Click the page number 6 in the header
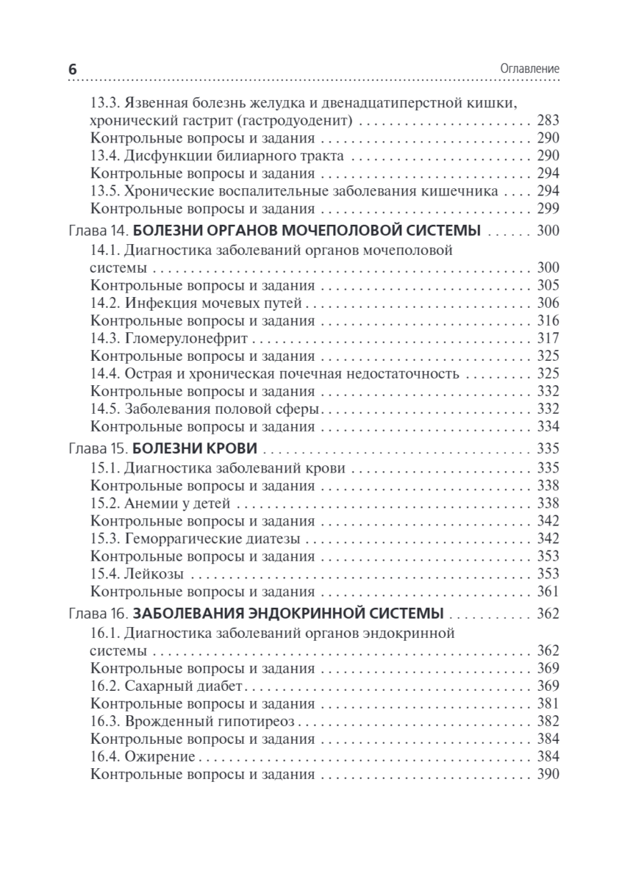(x=73, y=68)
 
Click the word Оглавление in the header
(x=530, y=68)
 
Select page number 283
(x=548, y=120)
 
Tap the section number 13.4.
(x=104, y=156)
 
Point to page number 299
(x=548, y=209)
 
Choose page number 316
(x=548, y=320)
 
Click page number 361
(x=548, y=592)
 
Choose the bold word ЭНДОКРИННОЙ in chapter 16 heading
(x=327, y=614)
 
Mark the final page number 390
(x=548, y=774)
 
